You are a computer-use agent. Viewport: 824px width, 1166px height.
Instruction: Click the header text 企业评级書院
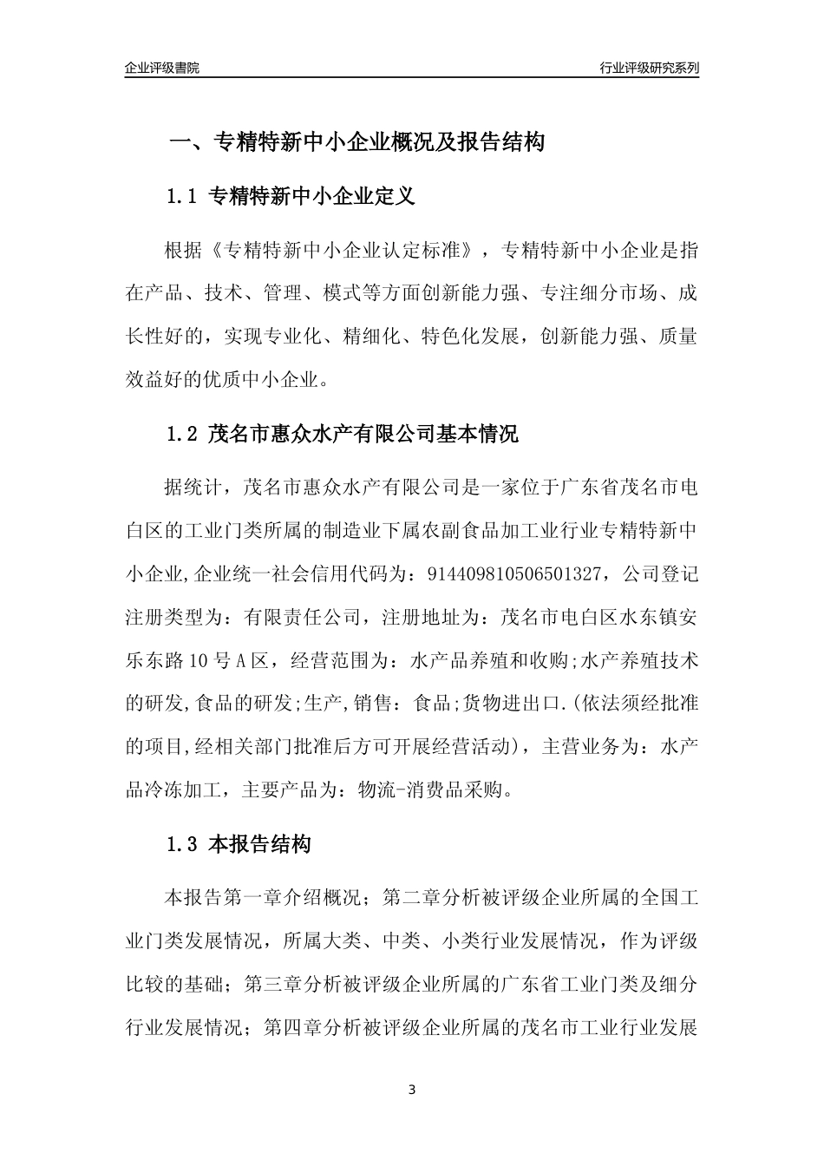coord(162,68)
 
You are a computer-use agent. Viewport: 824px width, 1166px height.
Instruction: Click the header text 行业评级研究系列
coord(649,68)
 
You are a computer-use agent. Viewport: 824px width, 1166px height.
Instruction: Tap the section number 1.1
coord(183,197)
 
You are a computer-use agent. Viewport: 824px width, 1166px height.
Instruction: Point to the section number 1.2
coord(183,434)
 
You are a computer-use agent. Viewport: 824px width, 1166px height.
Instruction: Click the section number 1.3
coord(183,843)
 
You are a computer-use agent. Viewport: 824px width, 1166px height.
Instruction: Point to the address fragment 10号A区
coord(216,660)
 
